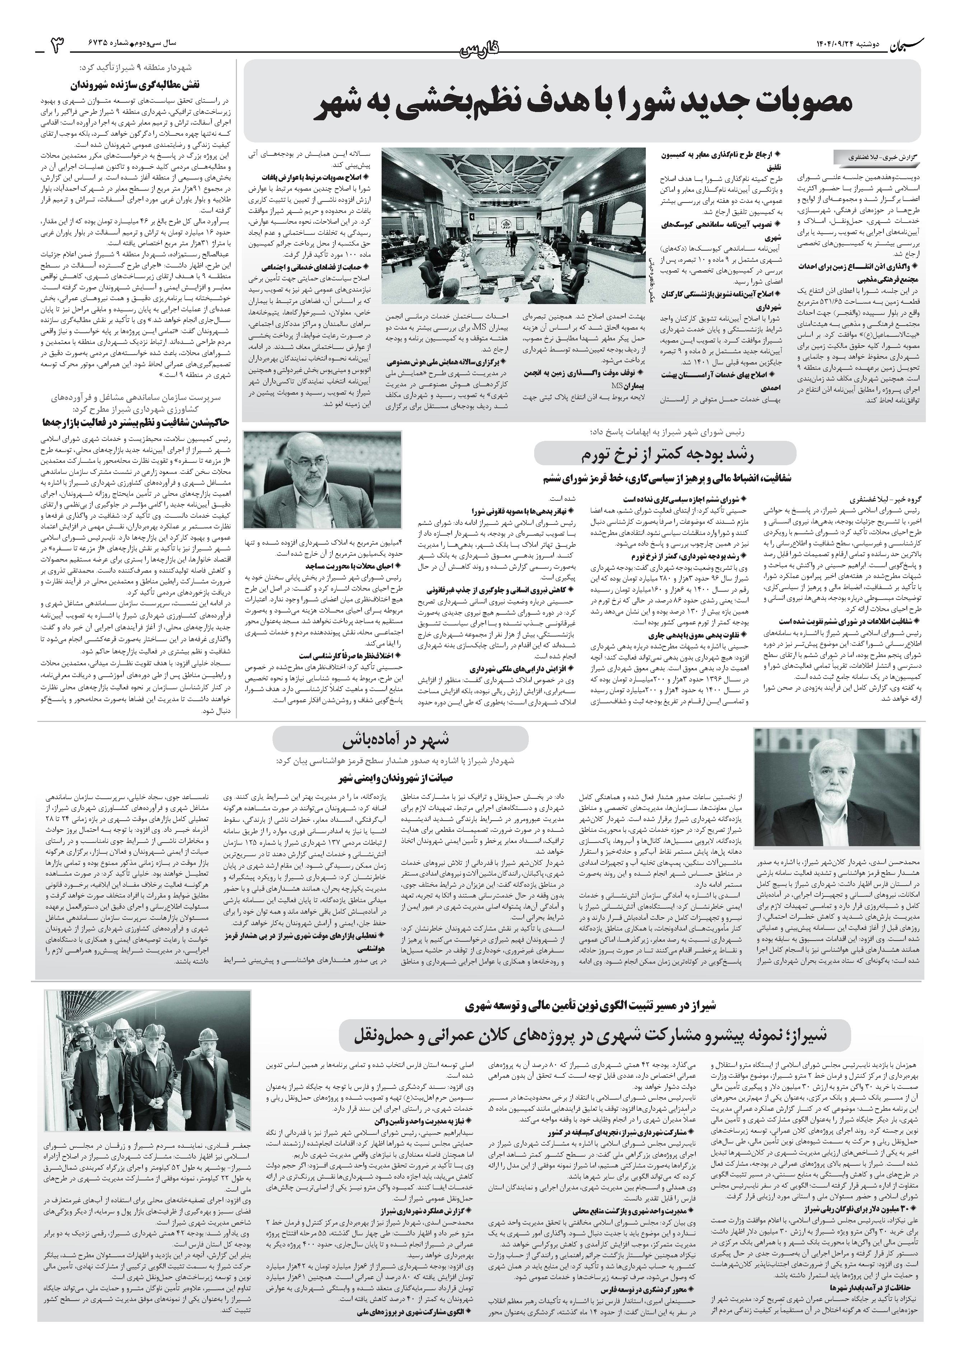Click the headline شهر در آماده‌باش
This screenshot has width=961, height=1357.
400,741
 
